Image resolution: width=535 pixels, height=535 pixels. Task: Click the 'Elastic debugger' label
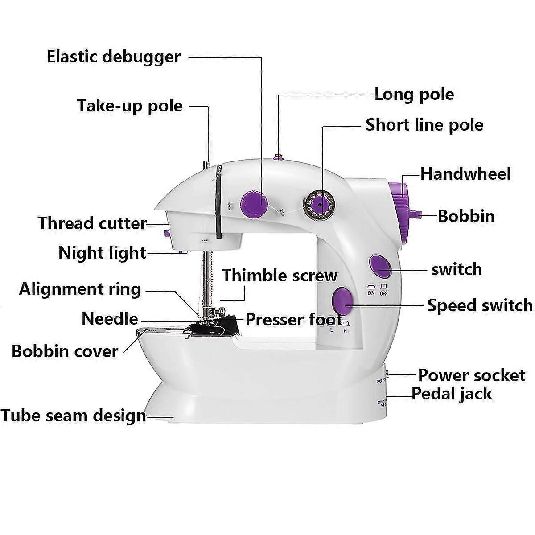click(x=114, y=57)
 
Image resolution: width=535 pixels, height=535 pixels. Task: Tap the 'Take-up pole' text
click(x=130, y=106)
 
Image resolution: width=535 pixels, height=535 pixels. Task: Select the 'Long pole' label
click(x=414, y=95)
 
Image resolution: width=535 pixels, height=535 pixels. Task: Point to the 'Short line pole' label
click(x=424, y=125)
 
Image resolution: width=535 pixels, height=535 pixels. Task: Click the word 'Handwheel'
click(x=465, y=173)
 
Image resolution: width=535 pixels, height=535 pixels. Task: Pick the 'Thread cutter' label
click(x=92, y=223)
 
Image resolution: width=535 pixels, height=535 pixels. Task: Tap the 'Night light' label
click(x=102, y=253)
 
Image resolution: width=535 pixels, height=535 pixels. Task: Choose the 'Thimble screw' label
click(x=280, y=276)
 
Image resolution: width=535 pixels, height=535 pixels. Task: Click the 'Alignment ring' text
click(x=80, y=289)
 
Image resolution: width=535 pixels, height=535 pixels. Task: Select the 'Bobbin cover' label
click(x=65, y=351)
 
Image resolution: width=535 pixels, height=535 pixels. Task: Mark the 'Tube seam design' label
click(x=73, y=416)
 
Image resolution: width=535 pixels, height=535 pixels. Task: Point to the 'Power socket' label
click(x=471, y=375)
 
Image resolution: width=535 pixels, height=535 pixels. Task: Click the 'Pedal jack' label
click(x=452, y=394)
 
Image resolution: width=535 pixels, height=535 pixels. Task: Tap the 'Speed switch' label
click(x=479, y=305)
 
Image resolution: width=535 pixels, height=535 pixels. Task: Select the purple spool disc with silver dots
click(x=318, y=205)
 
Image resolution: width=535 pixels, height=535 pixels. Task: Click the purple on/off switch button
click(x=380, y=264)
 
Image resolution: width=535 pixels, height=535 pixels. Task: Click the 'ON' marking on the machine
click(x=371, y=293)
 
